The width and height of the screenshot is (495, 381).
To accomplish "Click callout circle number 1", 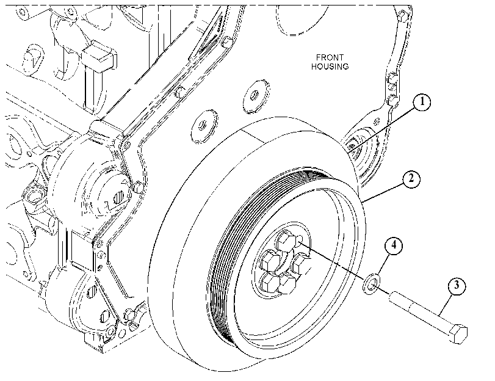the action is tap(422, 102).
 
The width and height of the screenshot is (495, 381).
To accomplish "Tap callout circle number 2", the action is tap(410, 179).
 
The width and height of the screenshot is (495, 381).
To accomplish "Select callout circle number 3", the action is tap(457, 286).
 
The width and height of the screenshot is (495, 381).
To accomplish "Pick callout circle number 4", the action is tap(393, 245).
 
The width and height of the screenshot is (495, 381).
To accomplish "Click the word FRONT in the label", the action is tap(330, 57).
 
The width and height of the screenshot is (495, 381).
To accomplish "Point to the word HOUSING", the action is tap(330, 67).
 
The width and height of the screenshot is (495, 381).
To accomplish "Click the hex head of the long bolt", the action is tap(458, 333).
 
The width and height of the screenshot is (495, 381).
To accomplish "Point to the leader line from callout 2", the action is tap(383, 192).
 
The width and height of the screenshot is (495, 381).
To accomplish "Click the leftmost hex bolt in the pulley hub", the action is tap(269, 261).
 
